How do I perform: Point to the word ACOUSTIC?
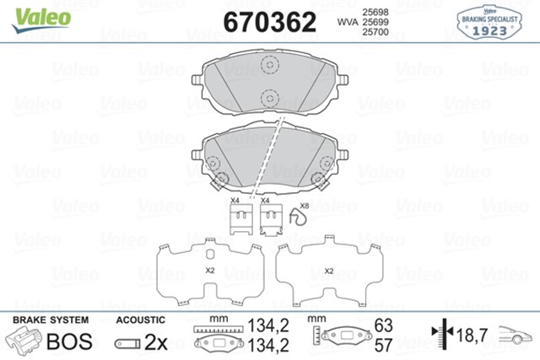pyautogui.click(x=139, y=321)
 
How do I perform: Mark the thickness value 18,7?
pyautogui.click(x=472, y=336)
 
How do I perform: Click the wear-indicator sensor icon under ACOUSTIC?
pyautogui.click(x=129, y=344)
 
